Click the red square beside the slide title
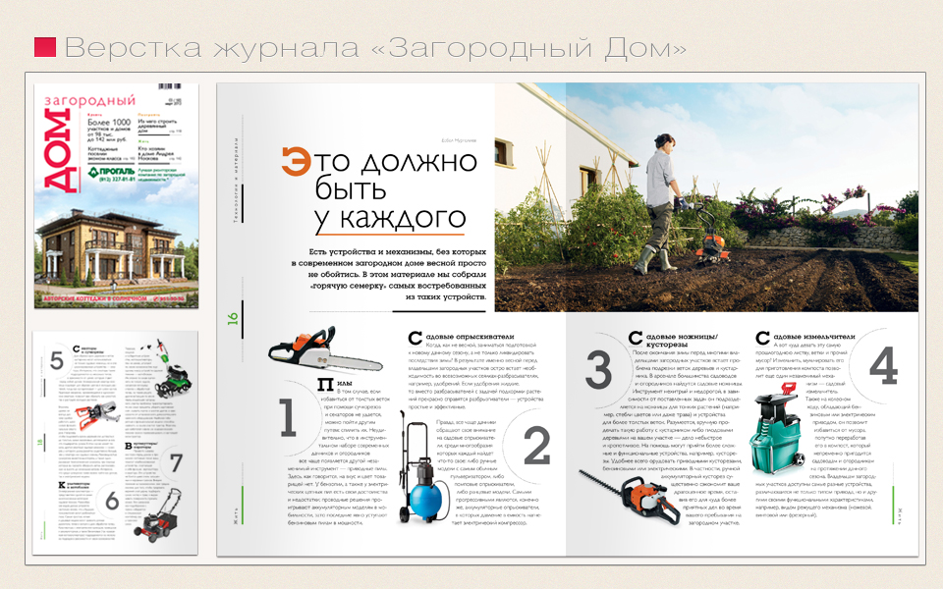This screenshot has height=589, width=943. [x=44, y=47]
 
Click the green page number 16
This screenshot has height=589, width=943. [x=233, y=318]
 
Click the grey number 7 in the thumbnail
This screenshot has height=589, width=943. [x=176, y=462]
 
